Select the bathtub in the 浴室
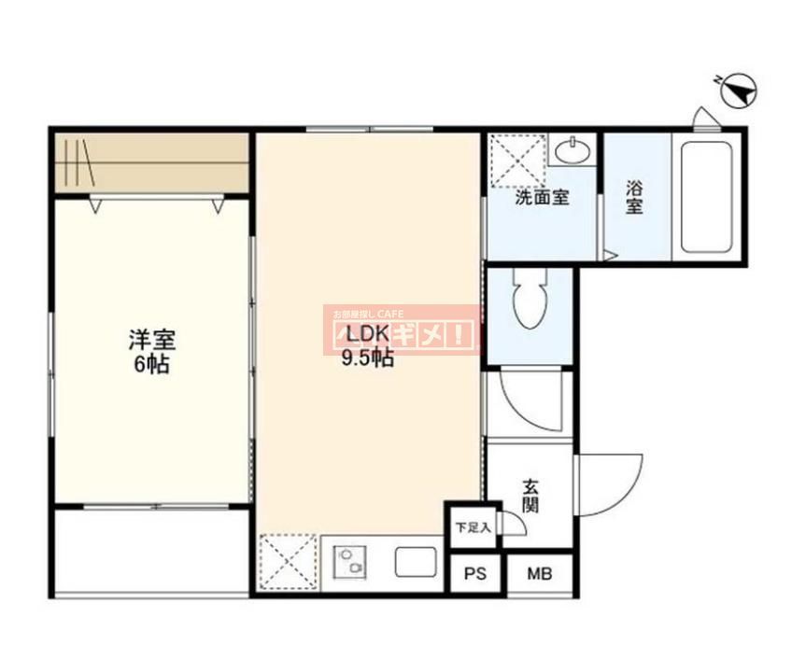coord(706,196)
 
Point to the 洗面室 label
coord(542,198)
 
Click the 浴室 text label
coord(634,195)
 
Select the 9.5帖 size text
coord(367,358)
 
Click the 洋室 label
coord(151,340)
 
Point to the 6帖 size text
coord(151,365)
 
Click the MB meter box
coord(539,574)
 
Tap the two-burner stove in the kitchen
coord(350,563)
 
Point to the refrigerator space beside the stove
coord(289,564)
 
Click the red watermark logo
coord(402,329)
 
